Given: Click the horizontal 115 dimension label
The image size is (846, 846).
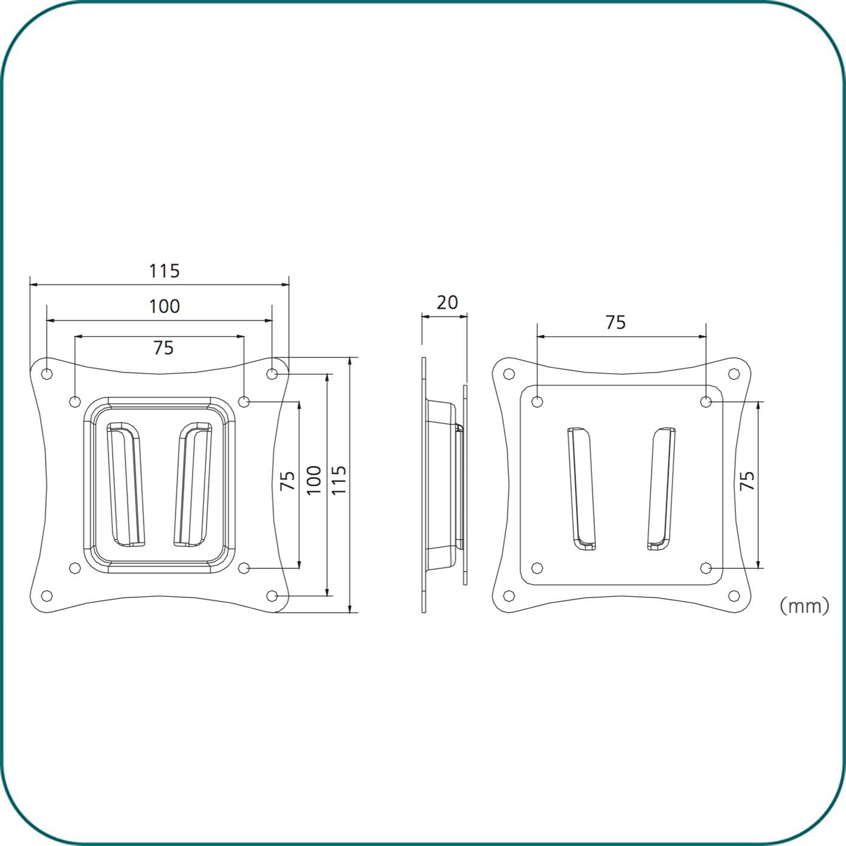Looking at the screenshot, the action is point(164,271).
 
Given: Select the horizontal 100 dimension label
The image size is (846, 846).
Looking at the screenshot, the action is point(164,306).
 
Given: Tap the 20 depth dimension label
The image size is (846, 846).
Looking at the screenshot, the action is point(447,302).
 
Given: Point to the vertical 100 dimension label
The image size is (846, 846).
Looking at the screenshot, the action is point(314,481).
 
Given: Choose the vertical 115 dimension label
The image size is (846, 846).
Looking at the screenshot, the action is point(339,481).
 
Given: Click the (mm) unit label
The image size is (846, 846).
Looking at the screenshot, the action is point(804,606).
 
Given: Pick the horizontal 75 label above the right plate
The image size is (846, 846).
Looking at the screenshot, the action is point(616,323).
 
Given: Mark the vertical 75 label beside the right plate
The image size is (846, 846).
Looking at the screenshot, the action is point(747,481).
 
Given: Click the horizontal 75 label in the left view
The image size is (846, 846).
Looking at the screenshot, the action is point(163,348).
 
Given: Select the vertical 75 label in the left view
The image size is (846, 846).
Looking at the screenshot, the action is point(287,481).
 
